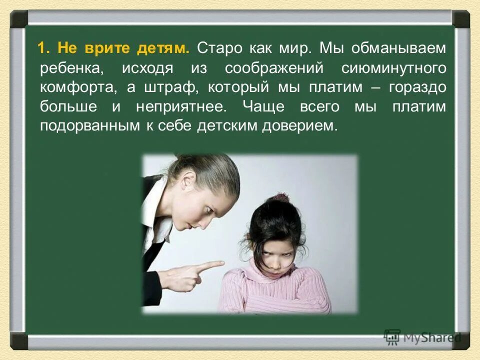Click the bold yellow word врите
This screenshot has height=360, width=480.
click(103, 48)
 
